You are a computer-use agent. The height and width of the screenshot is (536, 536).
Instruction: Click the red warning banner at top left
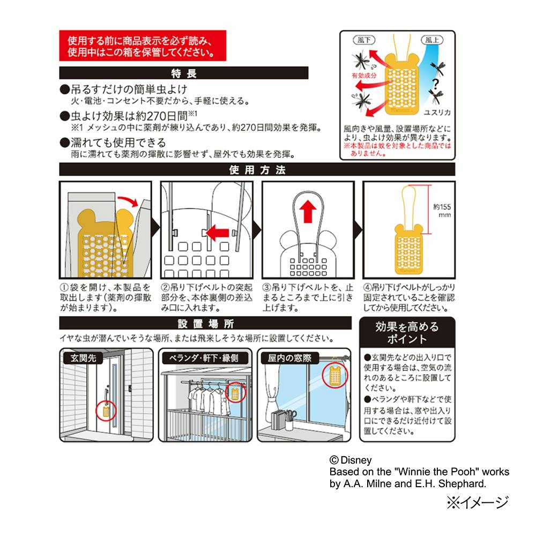[x=143, y=46]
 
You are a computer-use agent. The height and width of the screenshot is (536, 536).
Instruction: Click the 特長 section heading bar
[x=183, y=73]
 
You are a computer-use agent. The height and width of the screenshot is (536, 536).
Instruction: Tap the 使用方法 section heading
[x=257, y=169]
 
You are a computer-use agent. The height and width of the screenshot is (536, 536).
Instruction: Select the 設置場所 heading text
[x=205, y=323]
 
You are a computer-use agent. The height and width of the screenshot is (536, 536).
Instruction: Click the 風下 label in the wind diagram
[x=364, y=40]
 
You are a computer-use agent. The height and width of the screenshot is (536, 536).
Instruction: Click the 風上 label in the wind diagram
[x=431, y=40]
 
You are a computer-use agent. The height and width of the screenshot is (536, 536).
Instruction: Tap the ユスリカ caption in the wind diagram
[x=437, y=113]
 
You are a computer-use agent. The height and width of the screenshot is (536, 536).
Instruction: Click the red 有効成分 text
[x=364, y=76]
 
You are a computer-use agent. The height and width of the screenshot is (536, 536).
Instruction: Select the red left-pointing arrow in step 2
[x=217, y=233]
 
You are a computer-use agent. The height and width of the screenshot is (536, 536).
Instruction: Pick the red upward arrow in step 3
[x=308, y=211]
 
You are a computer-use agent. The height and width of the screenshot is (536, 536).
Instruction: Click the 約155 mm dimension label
[x=442, y=211]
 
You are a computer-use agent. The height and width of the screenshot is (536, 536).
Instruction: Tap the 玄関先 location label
[x=83, y=358]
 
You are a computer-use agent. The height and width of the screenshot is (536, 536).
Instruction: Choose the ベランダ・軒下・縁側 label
[x=204, y=358]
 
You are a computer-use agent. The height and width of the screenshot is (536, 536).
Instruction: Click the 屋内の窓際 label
[x=289, y=358]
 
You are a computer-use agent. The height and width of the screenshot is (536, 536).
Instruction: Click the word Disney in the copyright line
[x=356, y=460]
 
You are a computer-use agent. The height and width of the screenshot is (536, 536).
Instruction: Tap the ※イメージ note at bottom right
[x=478, y=502]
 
